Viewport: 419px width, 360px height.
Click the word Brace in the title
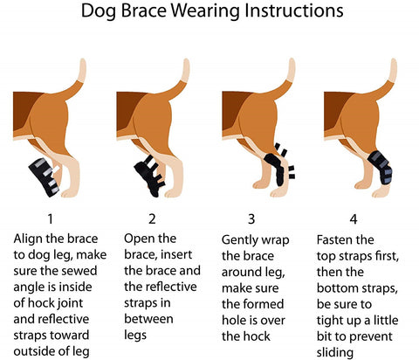[x=143, y=10]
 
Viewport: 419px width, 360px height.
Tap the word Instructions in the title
[x=294, y=10]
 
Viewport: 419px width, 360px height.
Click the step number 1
[x=51, y=219]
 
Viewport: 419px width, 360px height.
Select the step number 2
[x=152, y=219]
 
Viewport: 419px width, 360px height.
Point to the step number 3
[x=251, y=219]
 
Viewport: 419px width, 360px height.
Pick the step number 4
[x=354, y=219]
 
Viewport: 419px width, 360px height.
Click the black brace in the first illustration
[x=45, y=177]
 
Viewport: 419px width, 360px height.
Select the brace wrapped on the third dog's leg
[x=278, y=165]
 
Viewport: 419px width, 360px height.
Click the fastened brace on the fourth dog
[x=381, y=167]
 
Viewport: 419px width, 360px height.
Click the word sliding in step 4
[x=335, y=353]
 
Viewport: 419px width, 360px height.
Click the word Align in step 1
[x=28, y=239]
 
